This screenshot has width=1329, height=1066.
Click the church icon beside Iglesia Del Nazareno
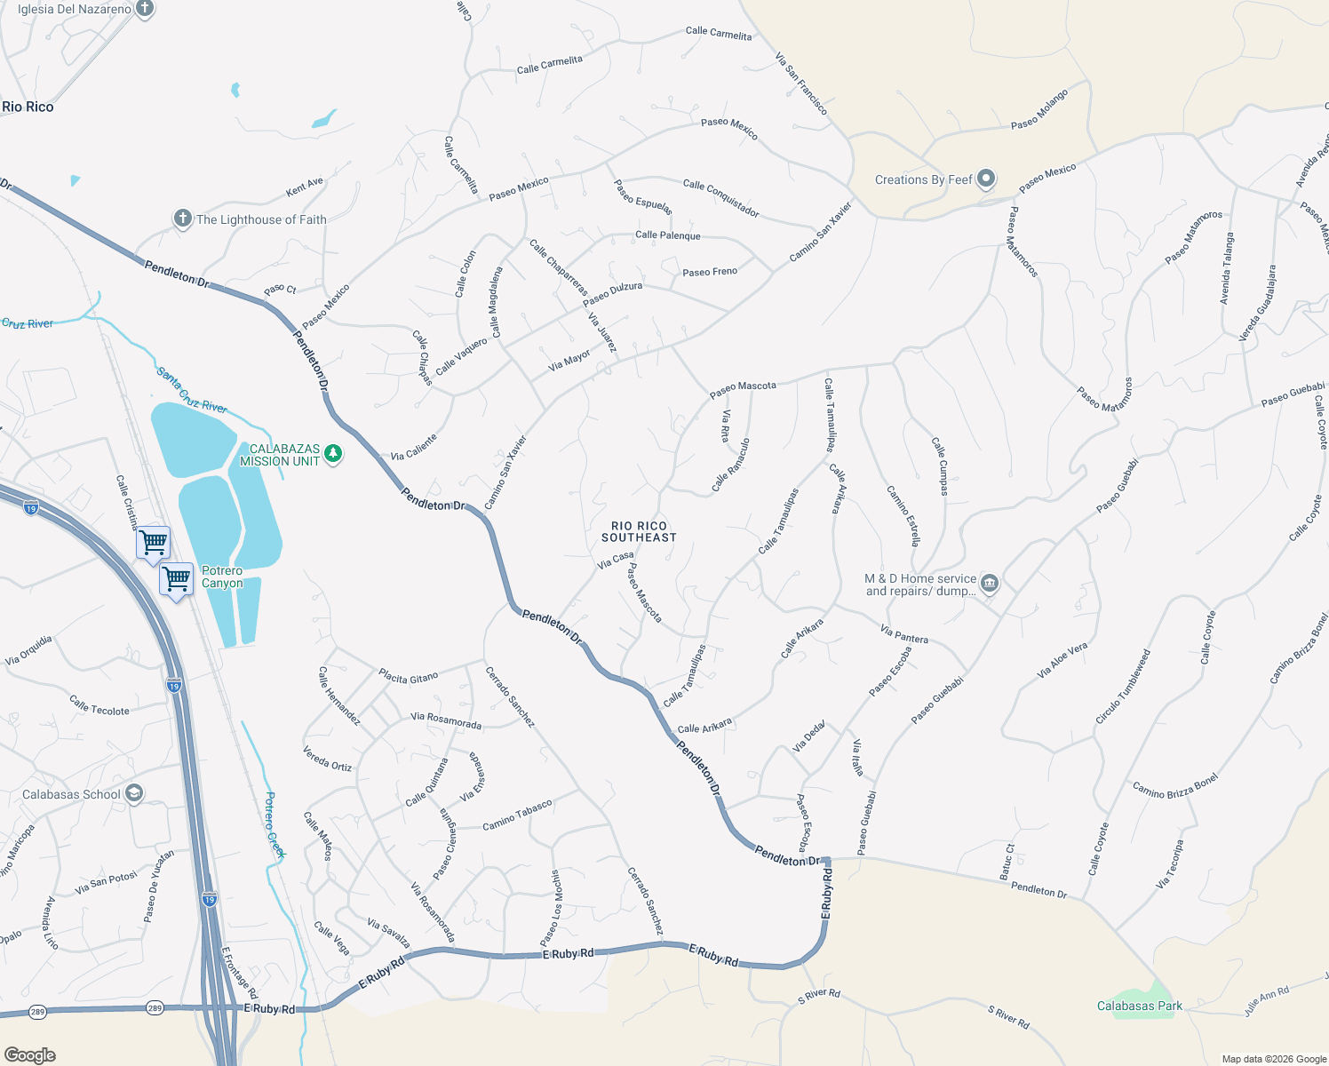coord(145,9)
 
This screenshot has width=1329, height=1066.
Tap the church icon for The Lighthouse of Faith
coord(182,219)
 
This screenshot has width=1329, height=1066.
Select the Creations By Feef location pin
coord(985,179)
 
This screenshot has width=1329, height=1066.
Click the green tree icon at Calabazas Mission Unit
coord(333,454)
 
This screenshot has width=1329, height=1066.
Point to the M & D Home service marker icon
coord(990,584)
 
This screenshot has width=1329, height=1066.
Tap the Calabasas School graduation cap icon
coord(134,793)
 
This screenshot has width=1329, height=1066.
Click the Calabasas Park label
coord(1139,1006)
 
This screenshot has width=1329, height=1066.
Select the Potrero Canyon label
coord(222,577)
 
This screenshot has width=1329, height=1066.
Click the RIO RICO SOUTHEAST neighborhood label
coord(639,531)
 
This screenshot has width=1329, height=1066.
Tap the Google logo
coord(30,1054)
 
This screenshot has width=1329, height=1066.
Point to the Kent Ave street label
coord(305,187)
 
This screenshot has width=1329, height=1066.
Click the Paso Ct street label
coord(280,290)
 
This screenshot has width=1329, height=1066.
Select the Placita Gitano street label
coord(408,677)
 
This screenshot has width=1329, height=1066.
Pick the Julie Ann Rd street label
coord(1266,1001)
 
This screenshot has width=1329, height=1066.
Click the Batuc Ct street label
coord(1007,862)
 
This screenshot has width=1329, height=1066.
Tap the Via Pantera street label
coord(903,634)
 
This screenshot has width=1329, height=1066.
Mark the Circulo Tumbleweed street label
coord(1123,687)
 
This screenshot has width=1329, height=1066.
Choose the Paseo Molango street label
coord(1039,109)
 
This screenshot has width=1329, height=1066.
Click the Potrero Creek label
coord(274,824)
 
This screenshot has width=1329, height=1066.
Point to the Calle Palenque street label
coord(667,235)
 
